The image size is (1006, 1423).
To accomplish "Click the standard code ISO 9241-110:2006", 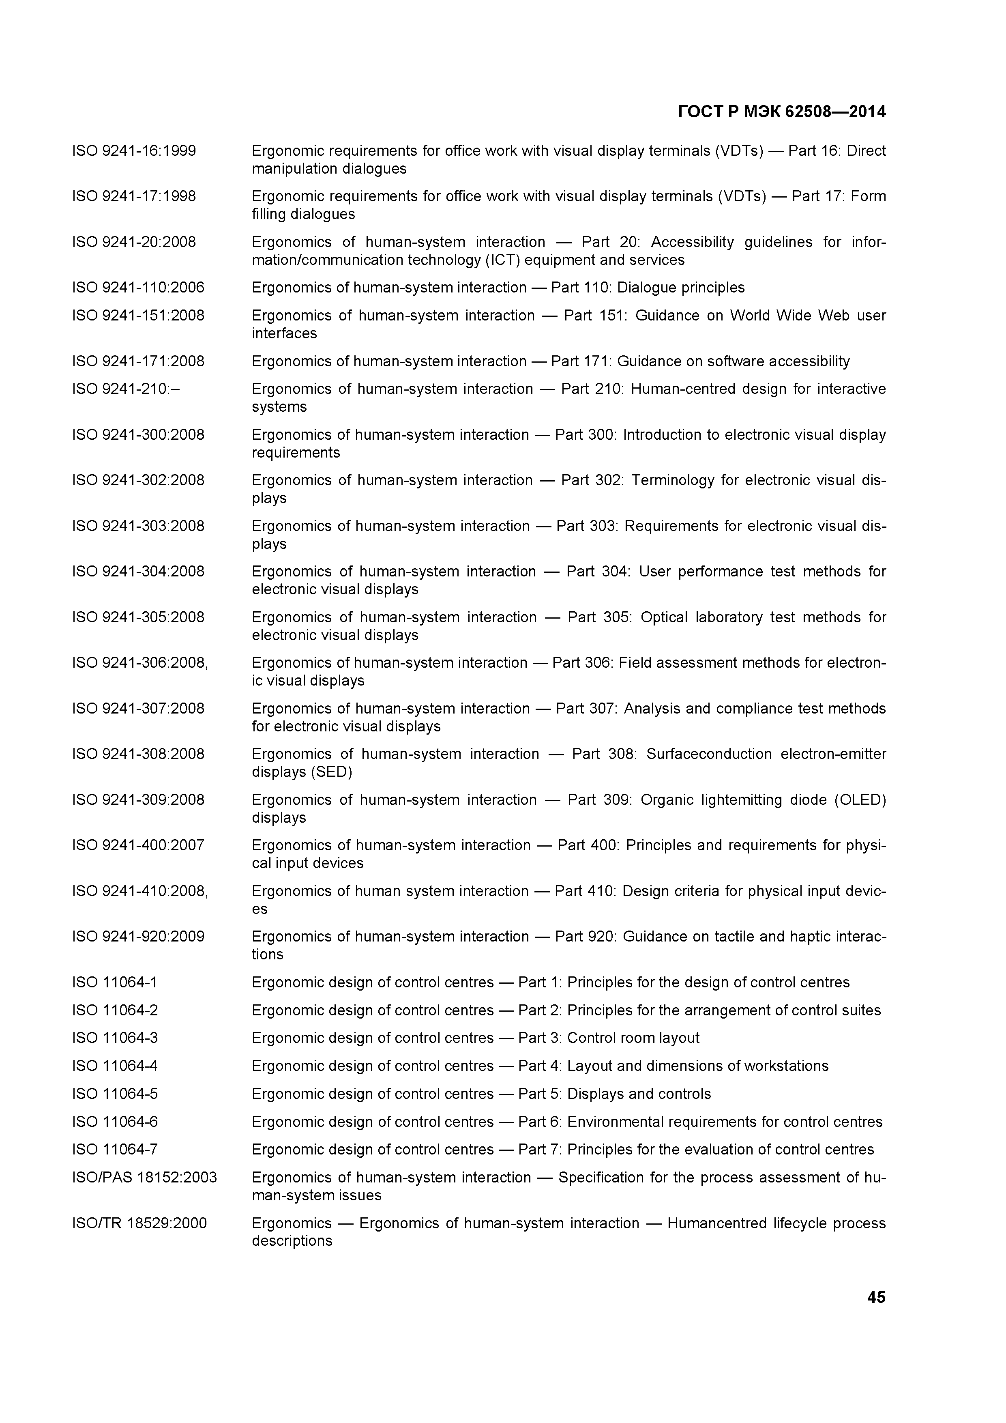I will pos(138,288).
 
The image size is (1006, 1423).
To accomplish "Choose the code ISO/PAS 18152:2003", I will pos(144,1177).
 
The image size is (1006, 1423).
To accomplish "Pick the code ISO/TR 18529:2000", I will pos(139,1223).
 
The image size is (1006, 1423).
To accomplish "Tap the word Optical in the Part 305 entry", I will pos(664,617).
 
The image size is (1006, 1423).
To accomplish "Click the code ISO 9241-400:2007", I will pos(138,845).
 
